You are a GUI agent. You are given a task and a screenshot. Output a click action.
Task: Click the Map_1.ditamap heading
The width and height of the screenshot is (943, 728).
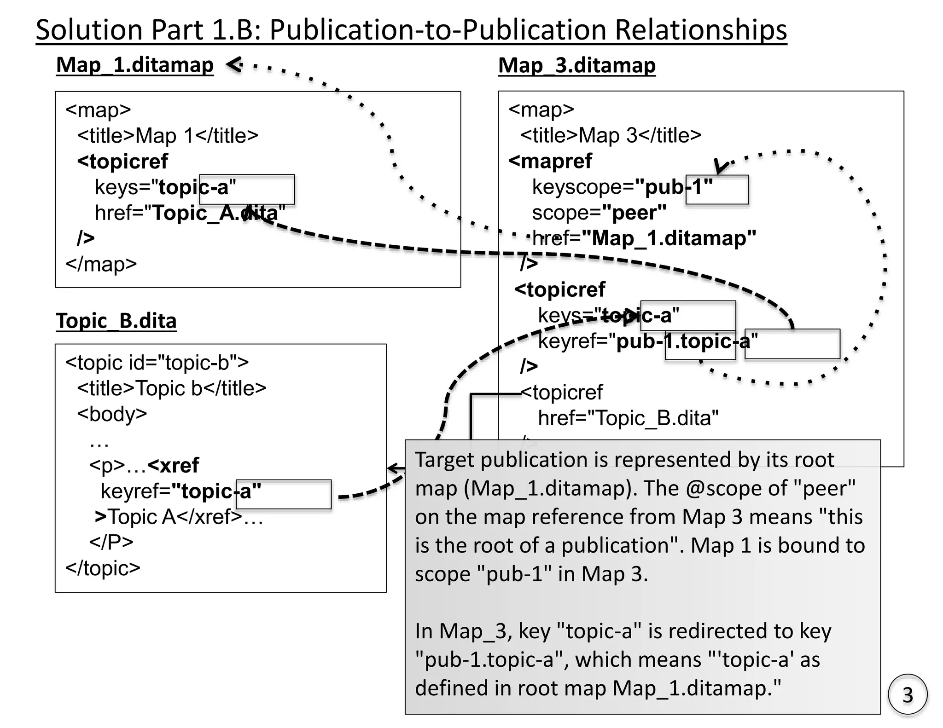[134, 65]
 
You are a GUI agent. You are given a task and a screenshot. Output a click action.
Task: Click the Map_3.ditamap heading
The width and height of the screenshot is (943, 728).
[576, 65]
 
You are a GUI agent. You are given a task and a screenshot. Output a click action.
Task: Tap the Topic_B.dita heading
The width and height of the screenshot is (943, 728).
[116, 321]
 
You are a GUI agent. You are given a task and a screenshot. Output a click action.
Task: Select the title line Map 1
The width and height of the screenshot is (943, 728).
[168, 136]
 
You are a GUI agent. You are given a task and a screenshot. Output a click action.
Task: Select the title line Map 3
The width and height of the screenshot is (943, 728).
[611, 135]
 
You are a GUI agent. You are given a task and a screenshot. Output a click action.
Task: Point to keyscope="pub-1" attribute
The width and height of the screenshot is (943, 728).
[622, 187]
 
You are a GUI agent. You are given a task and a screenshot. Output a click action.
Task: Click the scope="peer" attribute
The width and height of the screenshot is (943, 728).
[599, 213]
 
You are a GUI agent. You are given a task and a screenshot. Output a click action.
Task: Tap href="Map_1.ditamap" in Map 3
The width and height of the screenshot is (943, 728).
[644, 238]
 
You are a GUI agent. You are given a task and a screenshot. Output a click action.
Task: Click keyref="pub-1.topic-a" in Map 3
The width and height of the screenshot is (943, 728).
[647, 341]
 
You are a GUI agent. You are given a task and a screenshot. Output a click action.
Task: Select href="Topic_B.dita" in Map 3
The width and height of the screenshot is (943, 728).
[628, 418]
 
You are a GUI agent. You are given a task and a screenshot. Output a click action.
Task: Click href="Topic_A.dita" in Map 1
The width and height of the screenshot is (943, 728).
[190, 213]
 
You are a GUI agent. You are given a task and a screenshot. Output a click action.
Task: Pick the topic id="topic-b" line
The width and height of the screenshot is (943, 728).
[157, 363]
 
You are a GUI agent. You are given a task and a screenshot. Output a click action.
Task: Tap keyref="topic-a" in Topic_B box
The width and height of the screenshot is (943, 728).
[180, 491]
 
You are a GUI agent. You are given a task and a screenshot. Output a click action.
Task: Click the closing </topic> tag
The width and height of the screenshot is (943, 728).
[102, 568]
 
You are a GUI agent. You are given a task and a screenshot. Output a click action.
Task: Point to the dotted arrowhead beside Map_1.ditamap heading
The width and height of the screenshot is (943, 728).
[234, 64]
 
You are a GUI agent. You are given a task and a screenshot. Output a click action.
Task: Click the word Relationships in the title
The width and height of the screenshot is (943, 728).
[700, 30]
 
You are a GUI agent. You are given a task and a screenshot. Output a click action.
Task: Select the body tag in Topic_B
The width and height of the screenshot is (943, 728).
[112, 414]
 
